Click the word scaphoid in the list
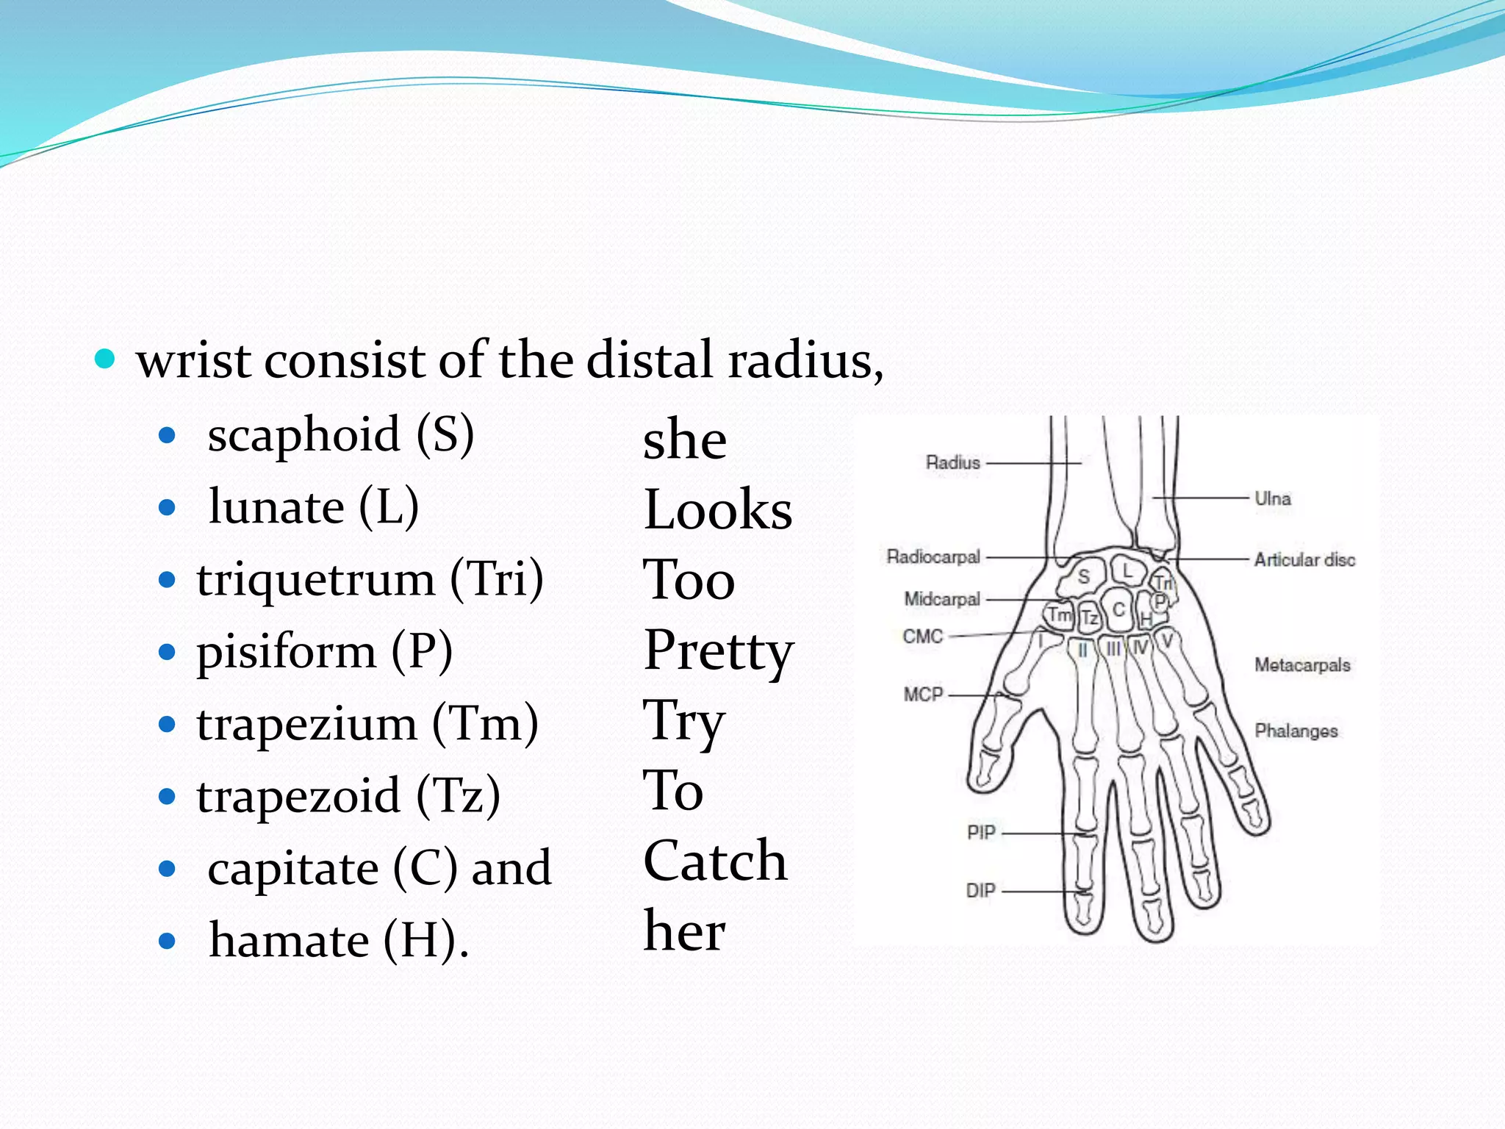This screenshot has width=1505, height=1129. [x=303, y=434]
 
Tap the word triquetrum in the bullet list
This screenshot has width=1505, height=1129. [x=315, y=579]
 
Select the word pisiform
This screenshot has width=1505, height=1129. [x=286, y=651]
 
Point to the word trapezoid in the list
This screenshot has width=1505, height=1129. [x=298, y=796]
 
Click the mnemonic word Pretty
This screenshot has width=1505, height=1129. [x=718, y=652]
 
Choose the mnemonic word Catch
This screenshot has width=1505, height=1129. [x=715, y=861]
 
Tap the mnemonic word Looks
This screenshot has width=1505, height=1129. [x=718, y=509]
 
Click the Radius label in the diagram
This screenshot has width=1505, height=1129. [x=952, y=463]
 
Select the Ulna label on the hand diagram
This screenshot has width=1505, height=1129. [x=1272, y=498]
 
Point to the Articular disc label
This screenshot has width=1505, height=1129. [x=1304, y=560]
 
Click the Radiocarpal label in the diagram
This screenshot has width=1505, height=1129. [x=933, y=557]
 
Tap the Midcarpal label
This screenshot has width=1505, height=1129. [x=942, y=600]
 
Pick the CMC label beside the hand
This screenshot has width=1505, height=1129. [x=922, y=637]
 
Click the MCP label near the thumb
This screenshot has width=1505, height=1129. [x=923, y=695]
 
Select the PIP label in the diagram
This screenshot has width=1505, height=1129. [x=980, y=833]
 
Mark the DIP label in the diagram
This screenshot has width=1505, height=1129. [x=980, y=891]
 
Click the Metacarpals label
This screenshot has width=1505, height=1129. [x=1301, y=665]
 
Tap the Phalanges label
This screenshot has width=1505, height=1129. [x=1296, y=731]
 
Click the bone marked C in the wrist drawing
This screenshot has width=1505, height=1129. [x=1118, y=609]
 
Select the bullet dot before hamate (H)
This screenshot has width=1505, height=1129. [x=168, y=941]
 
